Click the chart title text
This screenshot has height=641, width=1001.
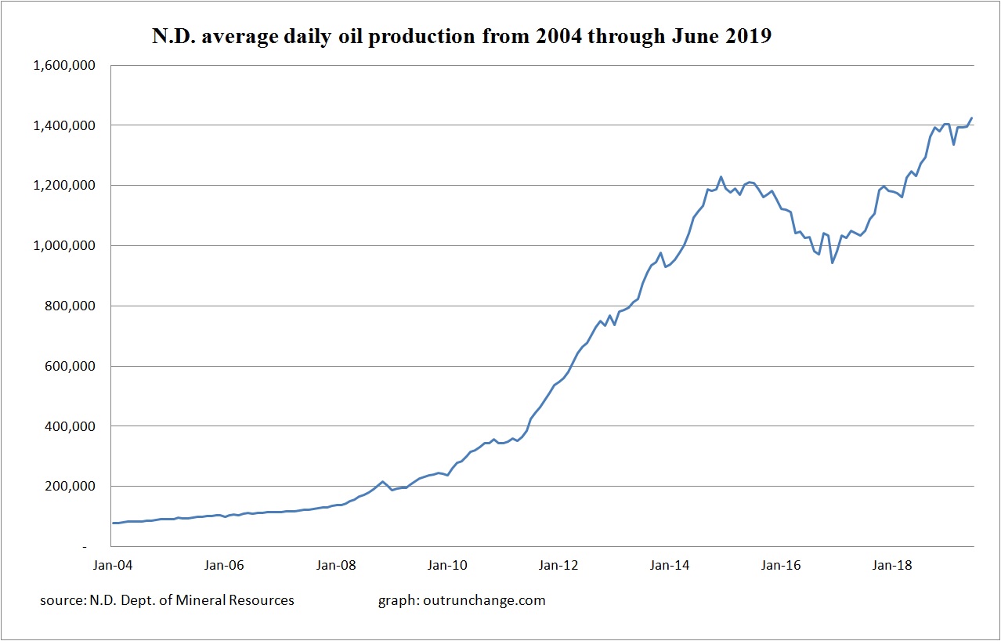coord(461,35)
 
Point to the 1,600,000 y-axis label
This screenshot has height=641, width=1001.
coord(64,65)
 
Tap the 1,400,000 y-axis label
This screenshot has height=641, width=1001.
coord(64,125)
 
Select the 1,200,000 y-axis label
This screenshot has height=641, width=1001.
coord(64,186)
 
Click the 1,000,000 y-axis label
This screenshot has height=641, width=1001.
coord(64,246)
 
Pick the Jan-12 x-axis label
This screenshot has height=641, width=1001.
coord(558,564)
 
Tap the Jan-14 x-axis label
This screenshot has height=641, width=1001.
coord(670,564)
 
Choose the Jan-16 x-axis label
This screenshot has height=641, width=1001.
coord(781,564)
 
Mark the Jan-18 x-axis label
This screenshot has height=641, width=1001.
coord(892,564)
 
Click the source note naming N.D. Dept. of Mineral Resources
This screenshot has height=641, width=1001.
coord(167,600)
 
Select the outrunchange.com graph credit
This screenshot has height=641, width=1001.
coord(461,600)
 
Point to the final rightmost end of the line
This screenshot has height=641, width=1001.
coord(972,118)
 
